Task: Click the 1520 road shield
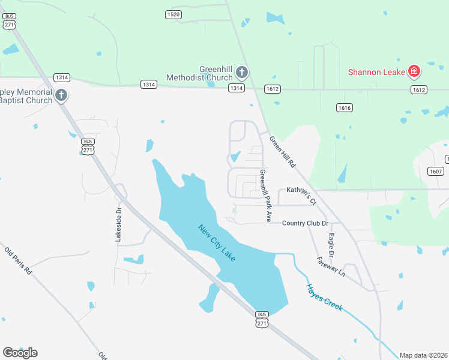pyautogui.click(x=173, y=14)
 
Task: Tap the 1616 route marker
pyautogui.click(x=344, y=108)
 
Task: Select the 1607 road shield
pyautogui.click(x=436, y=172)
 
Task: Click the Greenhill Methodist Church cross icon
pyautogui.click(x=241, y=73)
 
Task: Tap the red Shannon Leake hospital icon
pyautogui.click(x=414, y=72)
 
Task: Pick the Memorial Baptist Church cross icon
pyautogui.click(x=61, y=95)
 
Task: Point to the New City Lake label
pyautogui.click(x=217, y=242)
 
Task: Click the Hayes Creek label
pyautogui.click(x=324, y=297)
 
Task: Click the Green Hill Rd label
pyautogui.click(x=283, y=152)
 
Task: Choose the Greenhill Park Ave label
pyautogui.click(x=265, y=193)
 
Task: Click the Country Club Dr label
pyautogui.click(x=306, y=223)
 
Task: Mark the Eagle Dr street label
pyautogui.click(x=331, y=245)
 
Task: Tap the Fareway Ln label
pyautogui.click(x=331, y=266)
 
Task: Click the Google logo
pyautogui.click(x=20, y=353)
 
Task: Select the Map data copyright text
pyautogui.click(x=424, y=355)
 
